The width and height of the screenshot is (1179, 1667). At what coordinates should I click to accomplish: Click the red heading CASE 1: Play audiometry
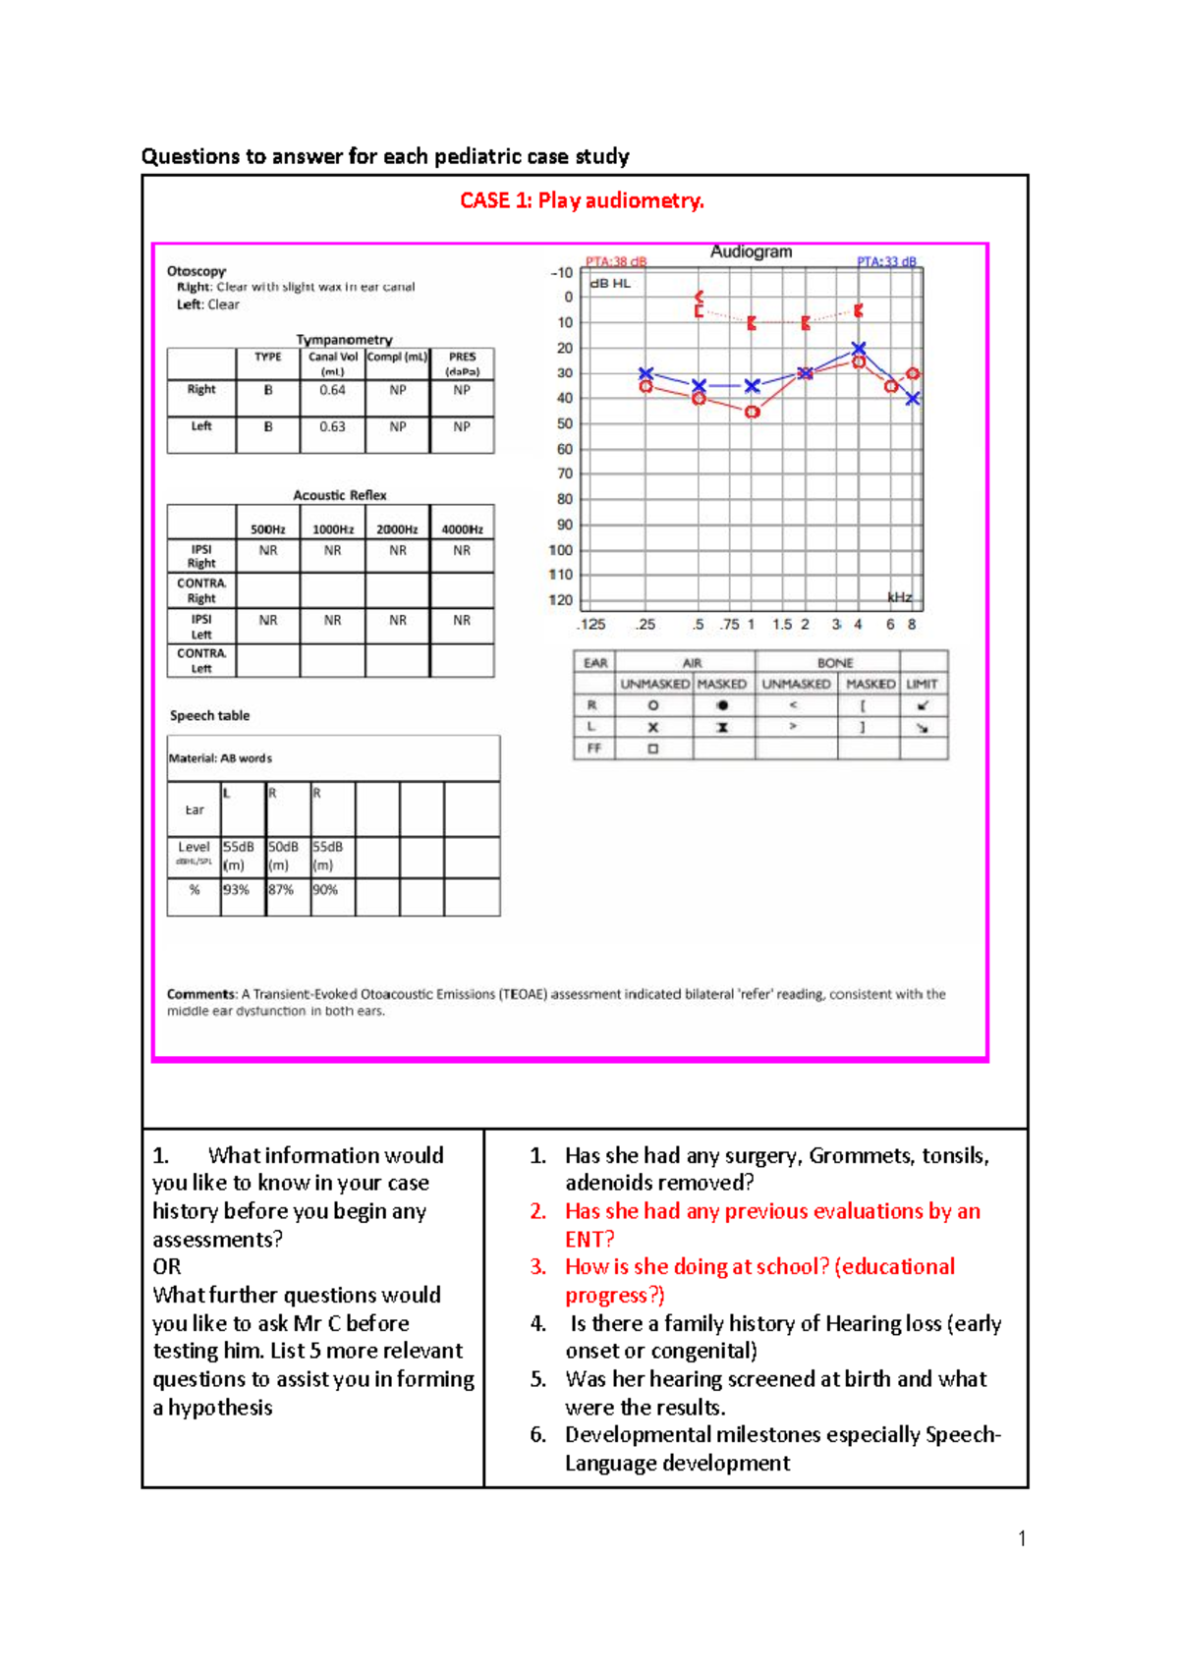[x=582, y=200]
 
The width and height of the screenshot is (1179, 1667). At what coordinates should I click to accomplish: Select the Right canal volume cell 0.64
[x=332, y=390]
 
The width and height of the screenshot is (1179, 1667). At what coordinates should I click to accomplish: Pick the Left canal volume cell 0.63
[x=332, y=426]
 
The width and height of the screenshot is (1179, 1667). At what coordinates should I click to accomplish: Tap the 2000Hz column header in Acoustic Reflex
[x=397, y=529]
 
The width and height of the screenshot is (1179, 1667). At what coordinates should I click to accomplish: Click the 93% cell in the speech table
[x=236, y=890]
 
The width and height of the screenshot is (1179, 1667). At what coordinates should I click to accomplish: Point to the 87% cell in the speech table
[x=281, y=890]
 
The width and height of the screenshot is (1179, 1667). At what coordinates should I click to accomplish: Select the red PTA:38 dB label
[x=616, y=261]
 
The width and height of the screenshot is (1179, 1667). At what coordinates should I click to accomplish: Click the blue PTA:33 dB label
[x=886, y=261]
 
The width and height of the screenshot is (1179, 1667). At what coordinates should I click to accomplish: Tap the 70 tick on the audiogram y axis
[x=565, y=473]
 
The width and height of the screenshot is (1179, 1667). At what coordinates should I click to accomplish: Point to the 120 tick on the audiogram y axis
[x=561, y=600]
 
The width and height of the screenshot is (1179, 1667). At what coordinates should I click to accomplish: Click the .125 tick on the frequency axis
[x=591, y=625]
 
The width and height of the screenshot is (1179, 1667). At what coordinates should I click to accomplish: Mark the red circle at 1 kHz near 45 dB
[x=752, y=412]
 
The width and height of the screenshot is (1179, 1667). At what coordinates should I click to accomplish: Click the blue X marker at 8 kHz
[x=913, y=398]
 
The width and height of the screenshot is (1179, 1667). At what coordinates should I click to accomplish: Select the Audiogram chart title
[x=751, y=251]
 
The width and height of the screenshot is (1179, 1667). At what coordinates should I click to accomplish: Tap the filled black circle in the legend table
[x=722, y=705]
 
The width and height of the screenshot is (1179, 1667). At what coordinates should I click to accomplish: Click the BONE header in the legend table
[x=835, y=663]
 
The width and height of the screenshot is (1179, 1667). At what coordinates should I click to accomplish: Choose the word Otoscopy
[x=196, y=271]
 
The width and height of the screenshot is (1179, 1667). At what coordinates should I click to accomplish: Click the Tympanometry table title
[x=344, y=339]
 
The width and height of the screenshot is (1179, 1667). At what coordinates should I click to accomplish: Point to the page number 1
[x=1022, y=1538]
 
